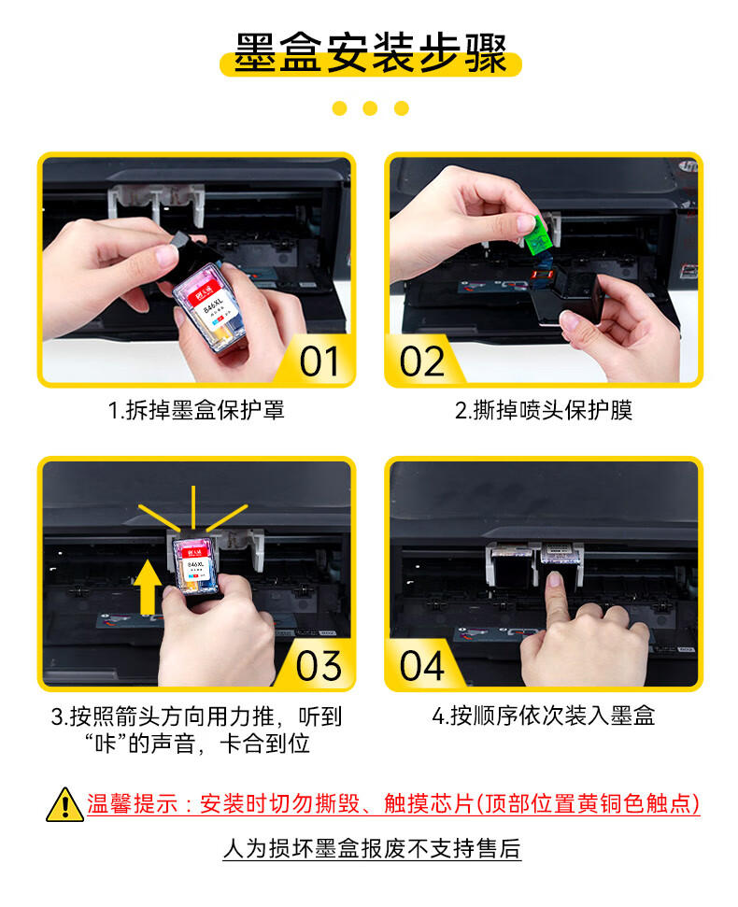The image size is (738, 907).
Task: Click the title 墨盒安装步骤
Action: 370,52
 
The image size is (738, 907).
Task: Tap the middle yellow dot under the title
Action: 370,108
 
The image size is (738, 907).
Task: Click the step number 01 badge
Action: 319,361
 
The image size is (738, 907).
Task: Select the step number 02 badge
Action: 421,361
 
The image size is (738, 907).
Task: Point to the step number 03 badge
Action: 319,666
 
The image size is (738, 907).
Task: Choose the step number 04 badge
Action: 421,666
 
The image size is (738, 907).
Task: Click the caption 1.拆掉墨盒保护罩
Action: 196,410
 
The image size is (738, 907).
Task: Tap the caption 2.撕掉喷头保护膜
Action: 543,410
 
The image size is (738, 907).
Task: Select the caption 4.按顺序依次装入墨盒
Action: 543,716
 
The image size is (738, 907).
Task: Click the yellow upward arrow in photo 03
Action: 148,587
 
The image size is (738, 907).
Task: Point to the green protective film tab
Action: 538,236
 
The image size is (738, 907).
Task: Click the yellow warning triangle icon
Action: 64,804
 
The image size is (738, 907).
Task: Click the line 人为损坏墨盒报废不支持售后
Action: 372,848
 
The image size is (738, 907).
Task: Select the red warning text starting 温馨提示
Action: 393,803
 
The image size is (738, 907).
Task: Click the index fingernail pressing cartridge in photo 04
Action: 554,579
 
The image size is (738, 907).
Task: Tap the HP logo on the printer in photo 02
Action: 688,165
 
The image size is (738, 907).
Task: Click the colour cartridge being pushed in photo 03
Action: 195,567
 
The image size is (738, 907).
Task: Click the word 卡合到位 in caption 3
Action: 265,744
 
